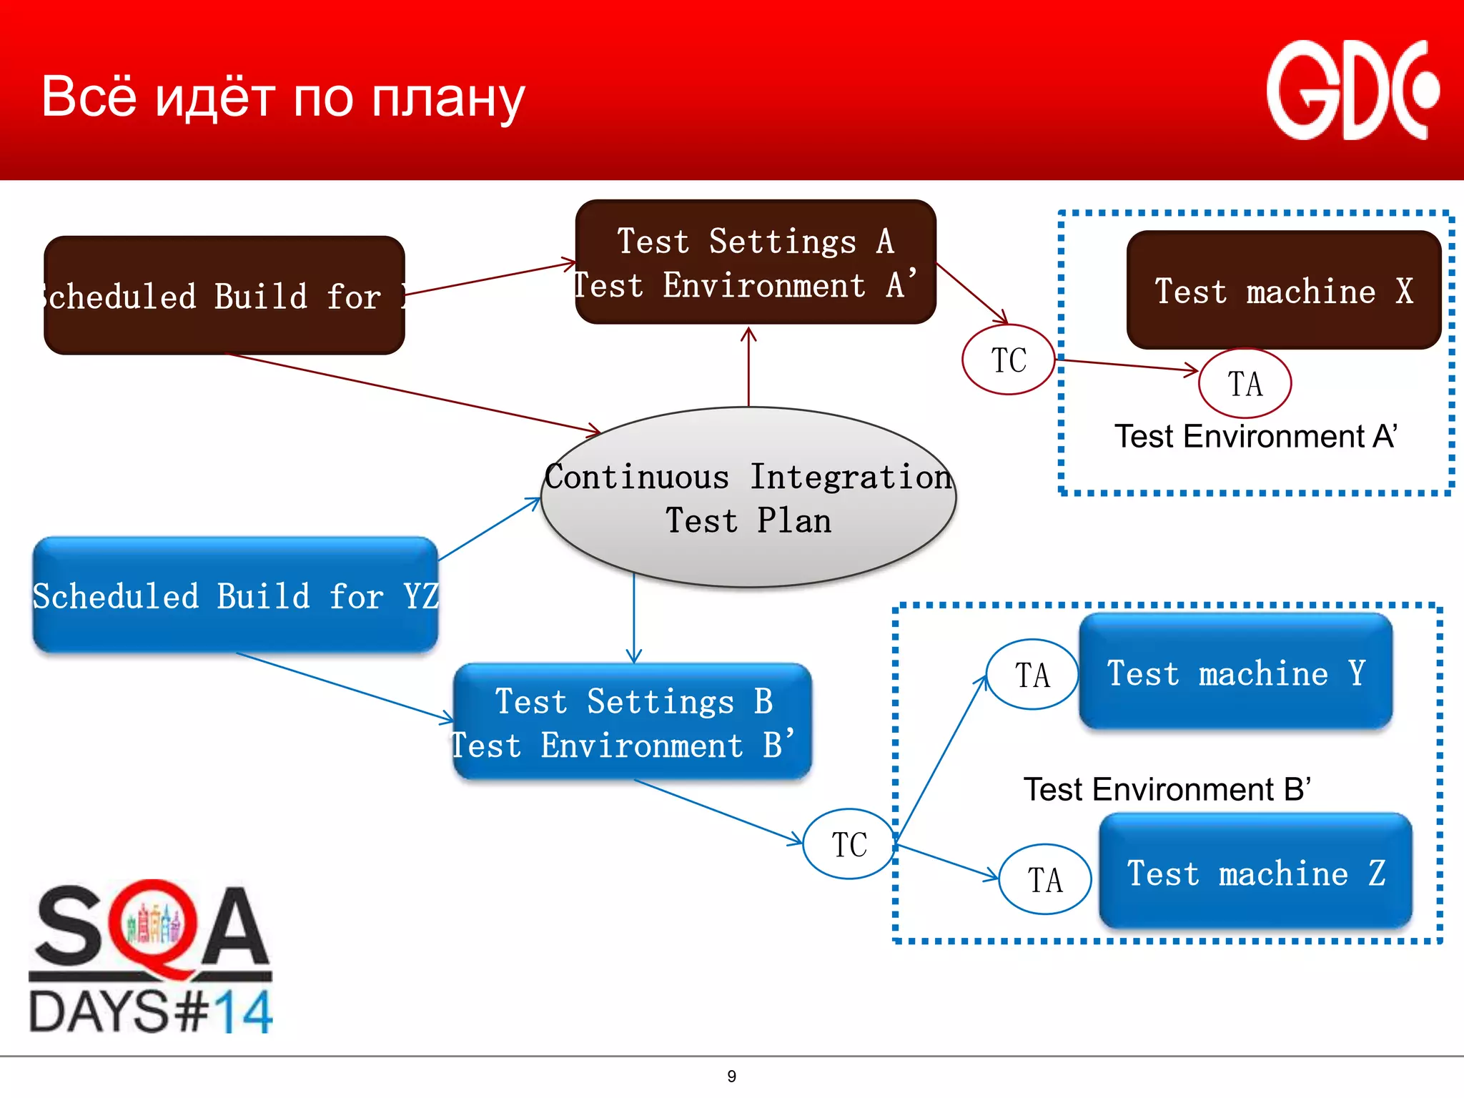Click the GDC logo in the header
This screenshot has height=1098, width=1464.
[1351, 91]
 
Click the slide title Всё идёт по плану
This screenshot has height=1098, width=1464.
[283, 97]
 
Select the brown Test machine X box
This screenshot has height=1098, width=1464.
[1283, 290]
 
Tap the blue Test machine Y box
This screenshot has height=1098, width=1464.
[1235, 672]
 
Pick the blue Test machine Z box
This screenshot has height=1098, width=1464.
[1255, 872]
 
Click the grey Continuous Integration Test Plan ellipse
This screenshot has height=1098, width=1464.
[748, 498]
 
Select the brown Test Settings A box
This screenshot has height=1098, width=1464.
[755, 262]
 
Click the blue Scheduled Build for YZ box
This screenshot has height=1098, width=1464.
[235, 595]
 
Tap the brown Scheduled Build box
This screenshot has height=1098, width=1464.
[224, 295]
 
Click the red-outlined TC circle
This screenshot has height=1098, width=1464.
[1008, 360]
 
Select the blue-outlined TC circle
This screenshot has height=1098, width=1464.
[849, 844]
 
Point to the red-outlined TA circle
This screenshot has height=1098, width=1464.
[1245, 384]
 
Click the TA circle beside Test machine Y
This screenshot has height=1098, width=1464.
[1032, 675]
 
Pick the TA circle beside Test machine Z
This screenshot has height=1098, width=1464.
[1044, 880]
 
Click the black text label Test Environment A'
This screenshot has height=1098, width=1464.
[1255, 436]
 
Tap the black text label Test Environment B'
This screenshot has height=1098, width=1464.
[1167, 789]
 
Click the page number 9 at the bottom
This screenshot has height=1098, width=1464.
[731, 1076]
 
